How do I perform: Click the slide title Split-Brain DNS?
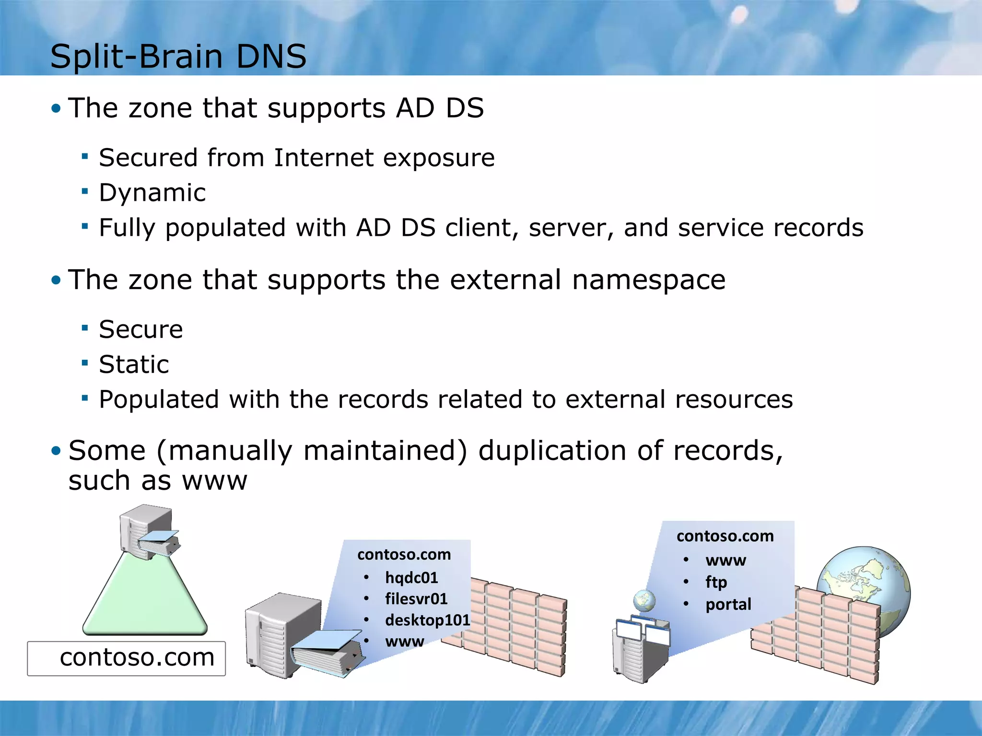[x=178, y=57]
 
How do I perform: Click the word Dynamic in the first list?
[x=152, y=193]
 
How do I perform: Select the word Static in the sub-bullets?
[x=134, y=365]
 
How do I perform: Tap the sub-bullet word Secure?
[x=140, y=330]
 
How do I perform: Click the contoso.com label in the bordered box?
[x=137, y=657]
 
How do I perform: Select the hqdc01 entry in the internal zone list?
[x=411, y=578]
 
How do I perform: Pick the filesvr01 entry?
[x=416, y=599]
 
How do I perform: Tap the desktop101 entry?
[x=427, y=620]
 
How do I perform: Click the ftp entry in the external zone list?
[x=716, y=582]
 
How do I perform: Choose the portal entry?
[x=728, y=605]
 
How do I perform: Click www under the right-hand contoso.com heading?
[x=725, y=560]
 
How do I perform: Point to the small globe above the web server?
[x=644, y=600]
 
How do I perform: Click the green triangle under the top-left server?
[x=145, y=599]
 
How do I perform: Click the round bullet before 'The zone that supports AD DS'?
[x=56, y=108]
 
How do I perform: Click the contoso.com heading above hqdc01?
[x=404, y=555]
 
